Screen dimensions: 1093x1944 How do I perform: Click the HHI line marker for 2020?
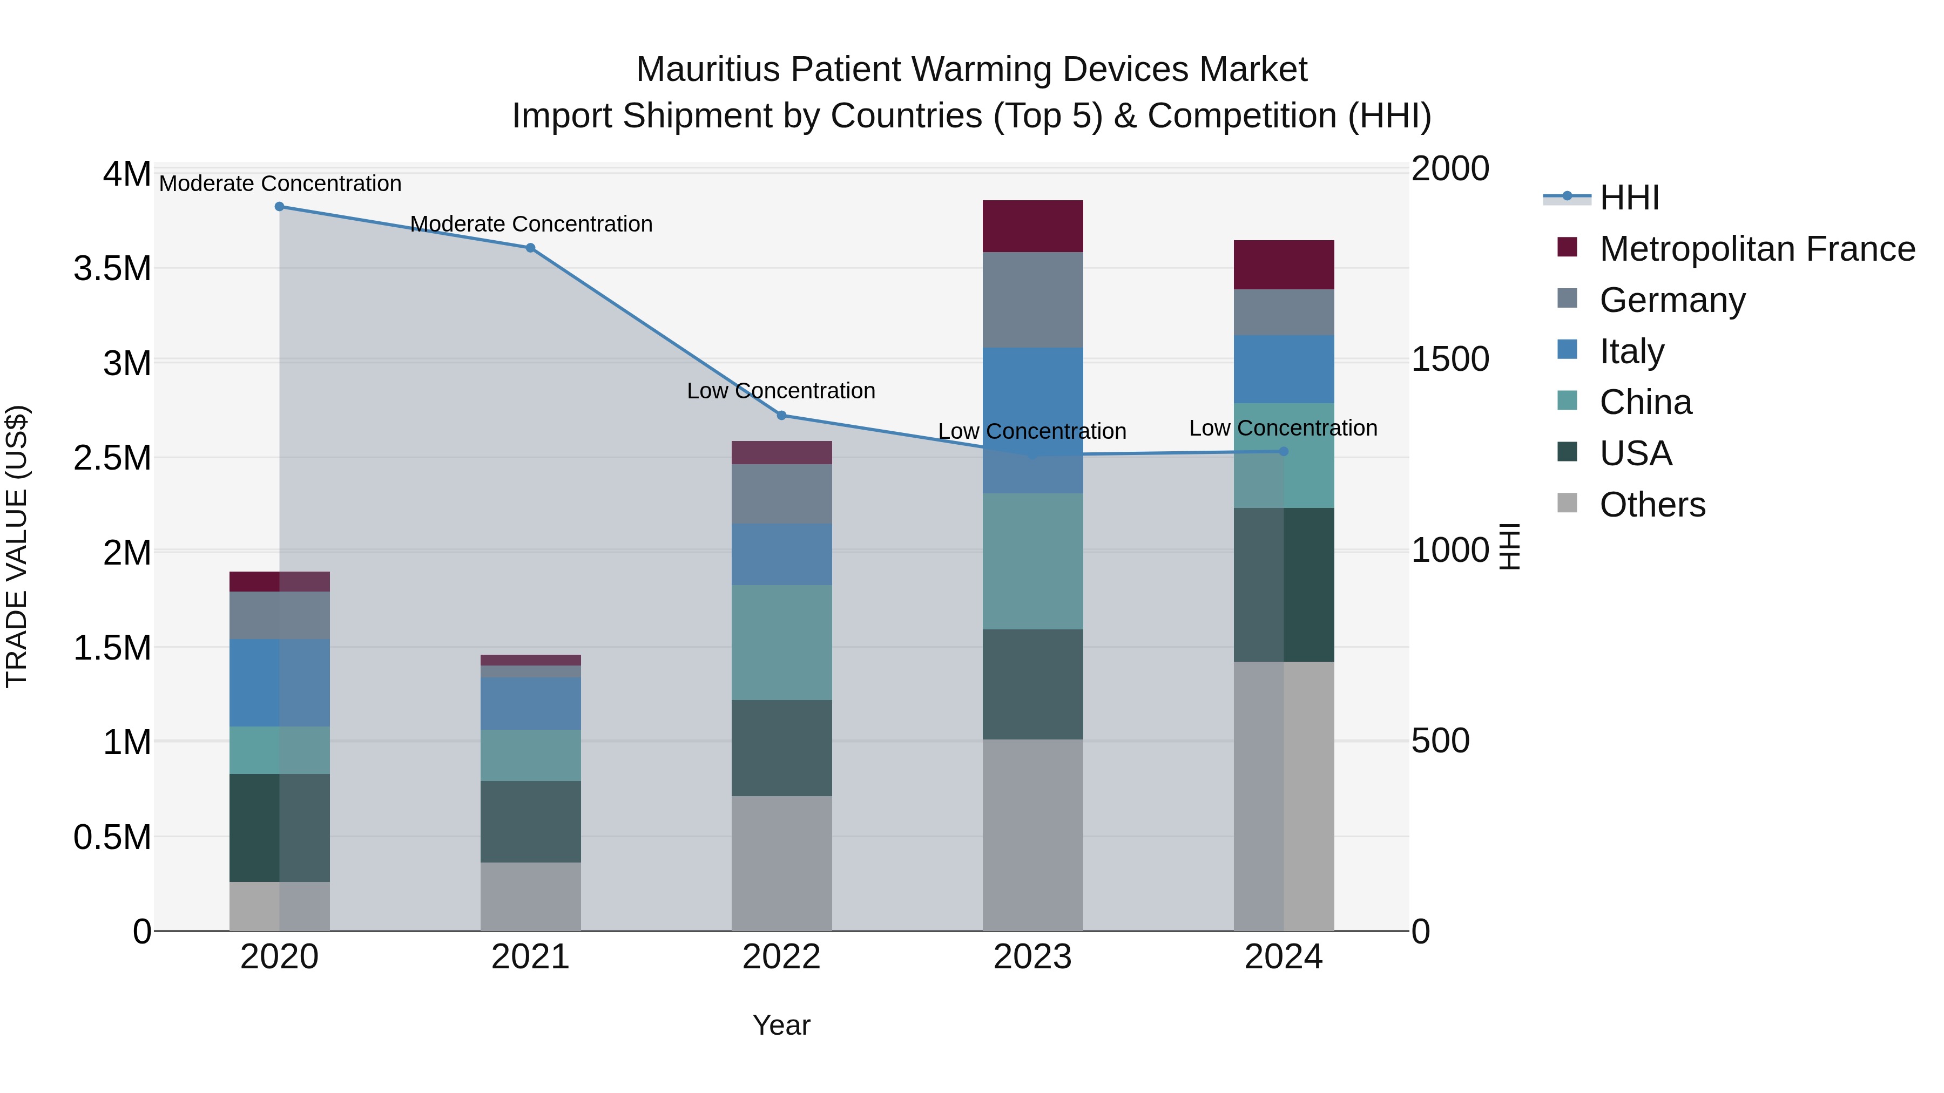[279, 207]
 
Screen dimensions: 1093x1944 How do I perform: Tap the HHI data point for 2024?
[1284, 452]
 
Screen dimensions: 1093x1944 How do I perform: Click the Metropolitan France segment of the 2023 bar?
[1032, 226]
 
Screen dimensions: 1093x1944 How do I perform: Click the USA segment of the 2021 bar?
[530, 822]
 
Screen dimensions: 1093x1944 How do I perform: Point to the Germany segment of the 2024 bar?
[1284, 313]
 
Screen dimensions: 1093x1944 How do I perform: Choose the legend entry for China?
[1645, 403]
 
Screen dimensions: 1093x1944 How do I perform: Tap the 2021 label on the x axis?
[530, 957]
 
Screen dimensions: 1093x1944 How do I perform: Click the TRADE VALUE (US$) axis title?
[17, 546]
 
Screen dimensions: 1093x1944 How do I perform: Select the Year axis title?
[781, 1025]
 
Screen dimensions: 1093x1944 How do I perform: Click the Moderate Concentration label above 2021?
[530, 224]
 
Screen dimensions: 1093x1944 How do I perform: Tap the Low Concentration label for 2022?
[781, 391]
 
